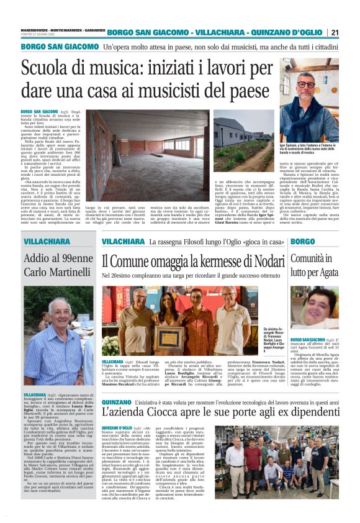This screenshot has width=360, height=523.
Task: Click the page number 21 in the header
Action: tap(335, 32)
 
